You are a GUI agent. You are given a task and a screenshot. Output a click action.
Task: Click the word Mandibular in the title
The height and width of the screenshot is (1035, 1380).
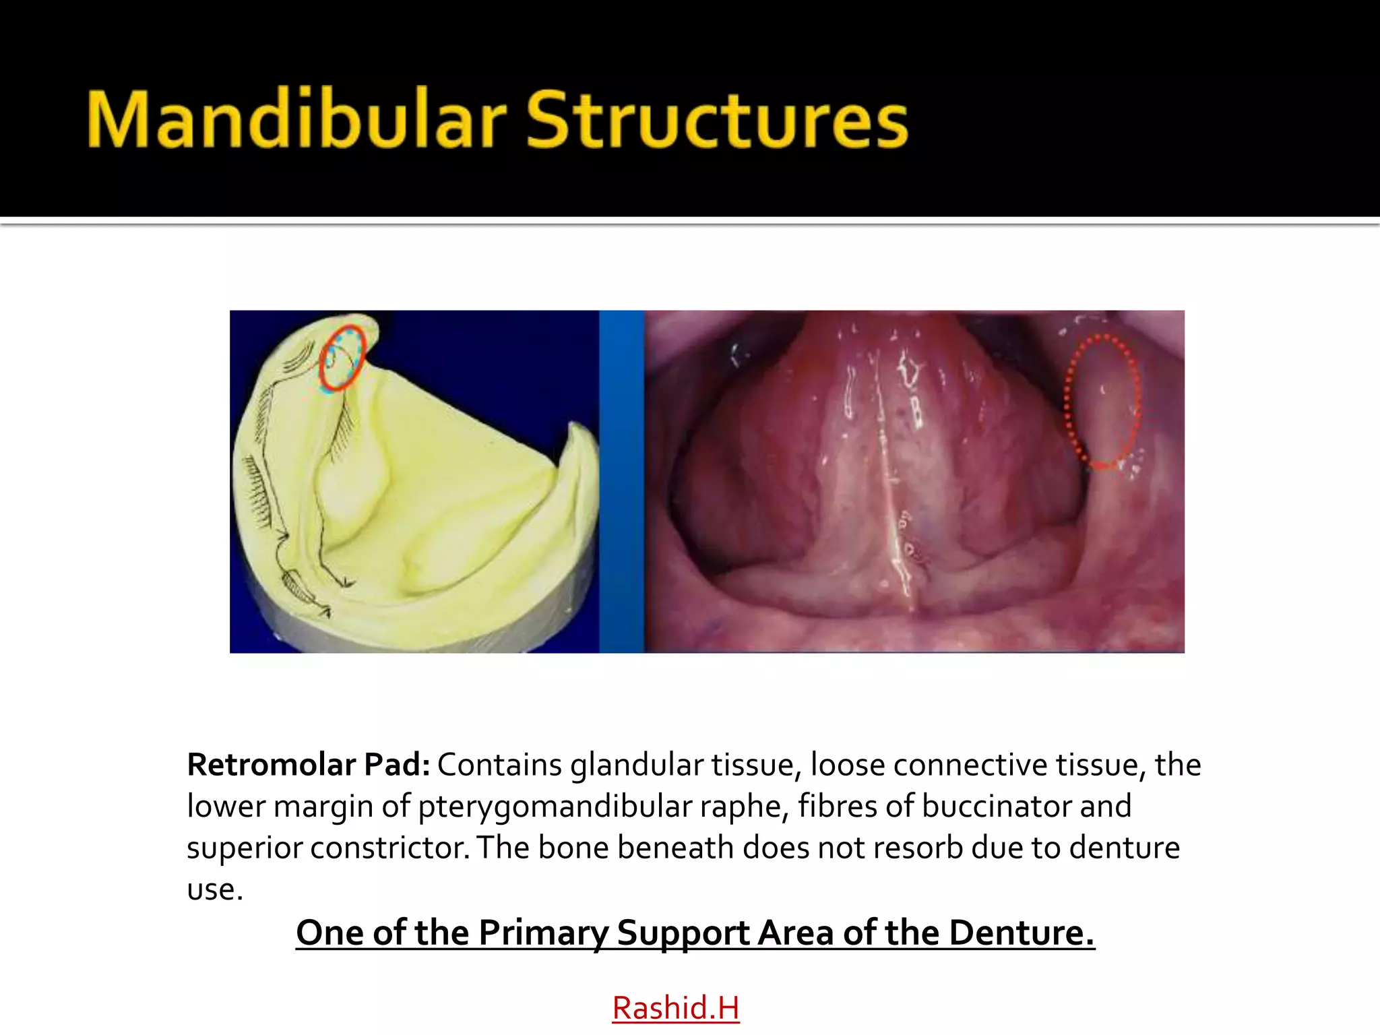(296, 120)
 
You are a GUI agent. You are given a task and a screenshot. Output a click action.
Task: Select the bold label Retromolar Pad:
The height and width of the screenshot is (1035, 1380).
(308, 765)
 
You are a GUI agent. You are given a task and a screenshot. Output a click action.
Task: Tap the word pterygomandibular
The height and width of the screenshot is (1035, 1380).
(555, 807)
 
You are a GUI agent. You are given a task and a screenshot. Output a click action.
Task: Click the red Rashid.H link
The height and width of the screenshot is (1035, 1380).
(675, 1008)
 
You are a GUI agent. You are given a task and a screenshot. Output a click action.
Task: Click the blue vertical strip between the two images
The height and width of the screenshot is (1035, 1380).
(621, 481)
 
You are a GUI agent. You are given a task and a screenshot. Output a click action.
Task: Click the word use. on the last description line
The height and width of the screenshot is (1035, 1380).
(214, 889)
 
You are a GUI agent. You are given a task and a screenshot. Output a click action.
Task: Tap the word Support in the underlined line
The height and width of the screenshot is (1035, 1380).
(683, 933)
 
